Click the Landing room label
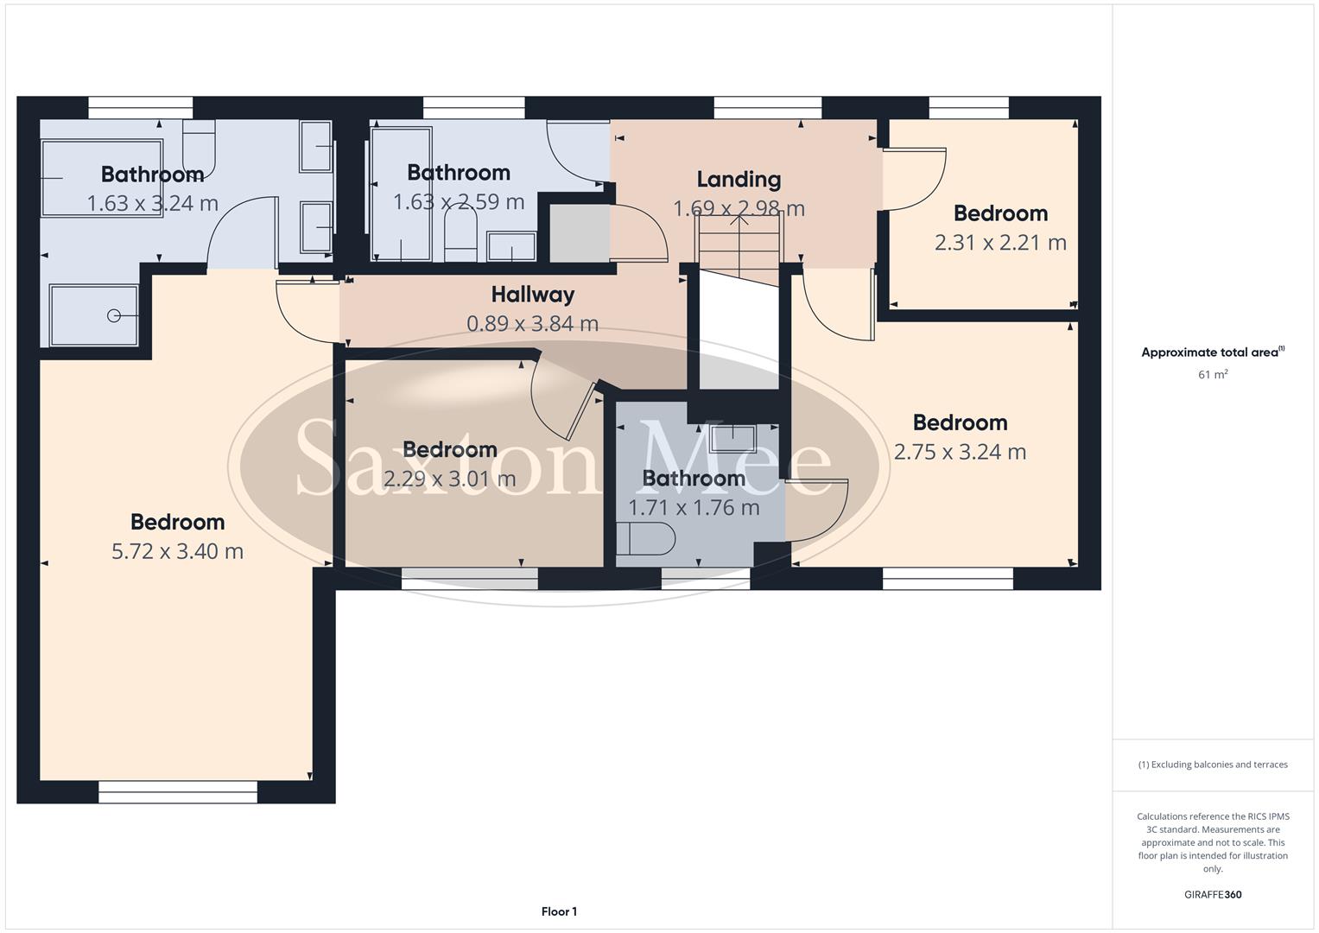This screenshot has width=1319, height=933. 739,180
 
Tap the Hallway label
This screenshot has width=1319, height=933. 532,295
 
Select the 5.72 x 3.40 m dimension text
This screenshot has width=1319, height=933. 177,551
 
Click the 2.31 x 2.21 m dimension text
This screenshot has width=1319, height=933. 1000,243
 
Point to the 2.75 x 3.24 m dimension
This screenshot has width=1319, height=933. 960,452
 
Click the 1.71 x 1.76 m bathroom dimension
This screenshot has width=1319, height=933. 694,508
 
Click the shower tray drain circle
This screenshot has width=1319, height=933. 114,316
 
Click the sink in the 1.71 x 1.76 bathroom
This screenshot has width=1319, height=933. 732,439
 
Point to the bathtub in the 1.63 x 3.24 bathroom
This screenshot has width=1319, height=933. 102,178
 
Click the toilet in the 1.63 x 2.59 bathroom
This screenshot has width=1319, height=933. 460,237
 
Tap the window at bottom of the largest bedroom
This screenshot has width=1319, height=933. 178,792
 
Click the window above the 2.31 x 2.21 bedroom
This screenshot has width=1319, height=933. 968,107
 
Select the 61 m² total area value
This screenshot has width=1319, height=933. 1213,375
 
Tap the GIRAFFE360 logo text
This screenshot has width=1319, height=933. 1213,895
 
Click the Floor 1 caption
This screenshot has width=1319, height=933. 559,911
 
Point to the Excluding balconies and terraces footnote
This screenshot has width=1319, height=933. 1213,765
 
